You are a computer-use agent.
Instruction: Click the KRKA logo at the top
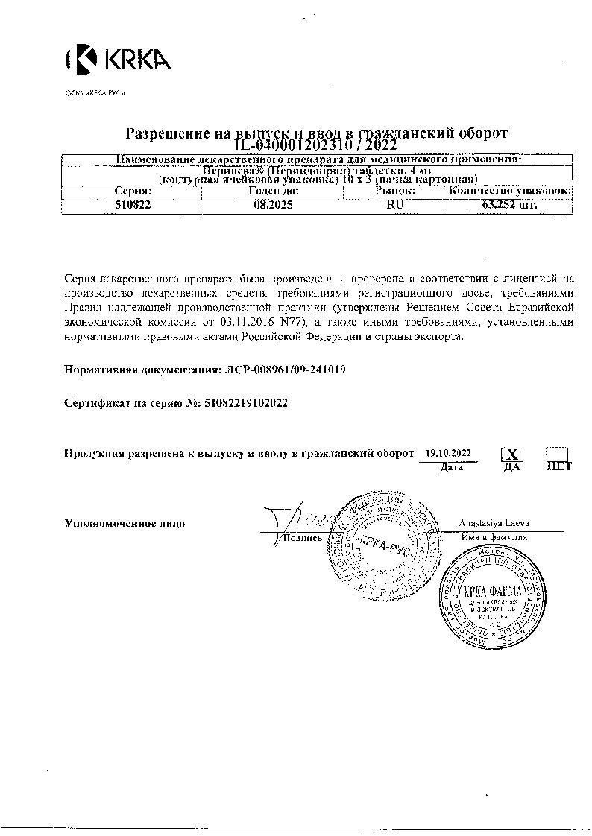pyautogui.click(x=119, y=60)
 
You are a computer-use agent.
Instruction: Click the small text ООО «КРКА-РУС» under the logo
pyautogui.click(x=95, y=93)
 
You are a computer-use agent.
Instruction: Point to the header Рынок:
pyautogui.click(x=394, y=191)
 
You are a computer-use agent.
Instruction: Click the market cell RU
pyautogui.click(x=394, y=206)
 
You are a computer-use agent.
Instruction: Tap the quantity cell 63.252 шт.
pyautogui.click(x=509, y=206)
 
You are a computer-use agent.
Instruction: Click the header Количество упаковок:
pyautogui.click(x=509, y=191)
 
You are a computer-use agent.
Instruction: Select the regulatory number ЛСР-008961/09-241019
pyautogui.click(x=284, y=369)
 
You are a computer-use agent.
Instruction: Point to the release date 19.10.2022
pyautogui.click(x=448, y=452)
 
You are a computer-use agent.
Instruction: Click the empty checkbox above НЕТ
pyautogui.click(x=557, y=454)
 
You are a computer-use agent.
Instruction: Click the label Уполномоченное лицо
pyautogui.click(x=125, y=523)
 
